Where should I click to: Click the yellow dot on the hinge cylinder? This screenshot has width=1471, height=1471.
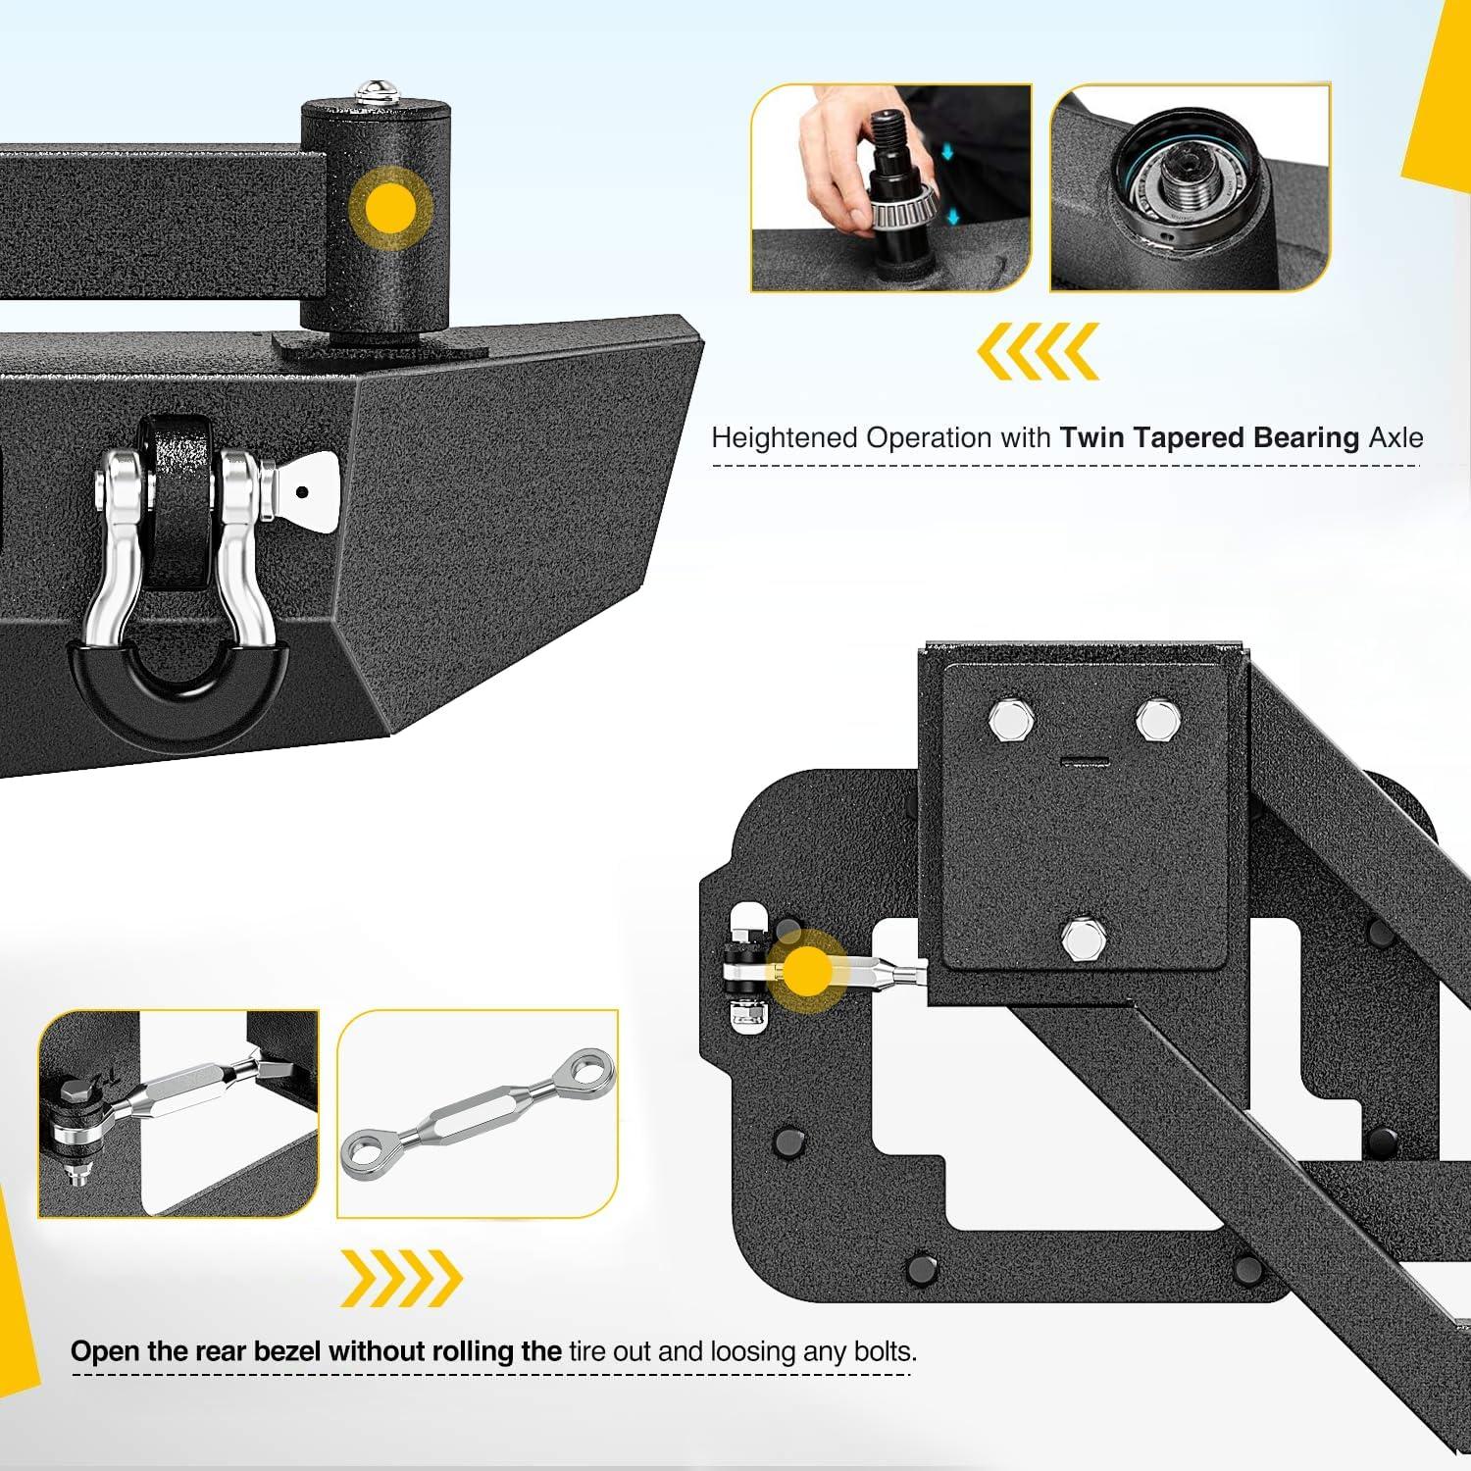390,208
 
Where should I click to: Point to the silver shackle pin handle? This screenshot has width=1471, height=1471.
306,491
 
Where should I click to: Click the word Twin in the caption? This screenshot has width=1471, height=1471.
1091,437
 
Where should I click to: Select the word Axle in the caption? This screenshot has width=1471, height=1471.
1395,437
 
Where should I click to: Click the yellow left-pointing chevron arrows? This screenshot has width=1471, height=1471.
1038,351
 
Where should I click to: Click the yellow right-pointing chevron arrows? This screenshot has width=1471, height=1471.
401,1278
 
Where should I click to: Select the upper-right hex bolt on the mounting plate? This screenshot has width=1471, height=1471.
1158,720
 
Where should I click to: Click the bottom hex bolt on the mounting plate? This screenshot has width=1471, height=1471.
1084,938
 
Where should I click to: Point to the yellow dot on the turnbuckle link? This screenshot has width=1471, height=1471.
807,971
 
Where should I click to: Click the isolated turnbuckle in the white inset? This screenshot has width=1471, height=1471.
478,1114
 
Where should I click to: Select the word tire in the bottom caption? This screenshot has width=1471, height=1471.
586,1351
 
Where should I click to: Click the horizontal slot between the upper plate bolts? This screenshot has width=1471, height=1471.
1085,761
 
